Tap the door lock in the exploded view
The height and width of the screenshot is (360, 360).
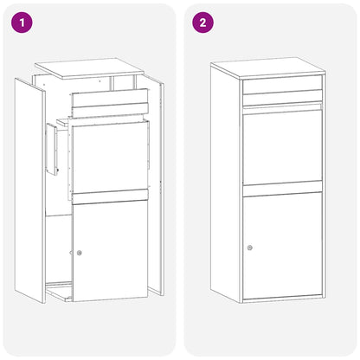pos(80,253)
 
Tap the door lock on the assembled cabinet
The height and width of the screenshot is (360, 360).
pos(249,247)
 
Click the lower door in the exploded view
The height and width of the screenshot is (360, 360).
pos(111,251)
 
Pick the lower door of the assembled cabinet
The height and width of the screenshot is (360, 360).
pos(282,247)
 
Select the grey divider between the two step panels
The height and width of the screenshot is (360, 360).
pos(180,180)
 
